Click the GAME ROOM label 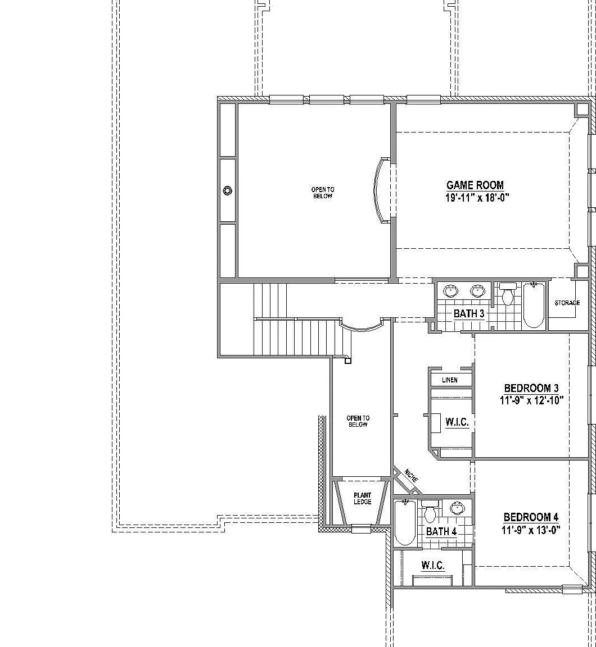[475, 185]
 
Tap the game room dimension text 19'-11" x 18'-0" [477, 198]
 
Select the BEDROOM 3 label [531, 388]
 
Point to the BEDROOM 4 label [531, 517]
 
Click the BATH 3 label [469, 313]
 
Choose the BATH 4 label [441, 531]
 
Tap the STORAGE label [567, 303]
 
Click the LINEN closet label [450, 380]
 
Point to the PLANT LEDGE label [362, 499]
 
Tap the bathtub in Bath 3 [534, 304]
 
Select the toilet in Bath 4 [430, 511]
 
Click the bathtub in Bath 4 [405, 522]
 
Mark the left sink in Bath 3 [451, 291]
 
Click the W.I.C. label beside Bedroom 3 [457, 422]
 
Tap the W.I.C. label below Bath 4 [433, 565]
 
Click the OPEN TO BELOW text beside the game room [323, 193]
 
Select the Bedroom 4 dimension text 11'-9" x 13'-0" [531, 530]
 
